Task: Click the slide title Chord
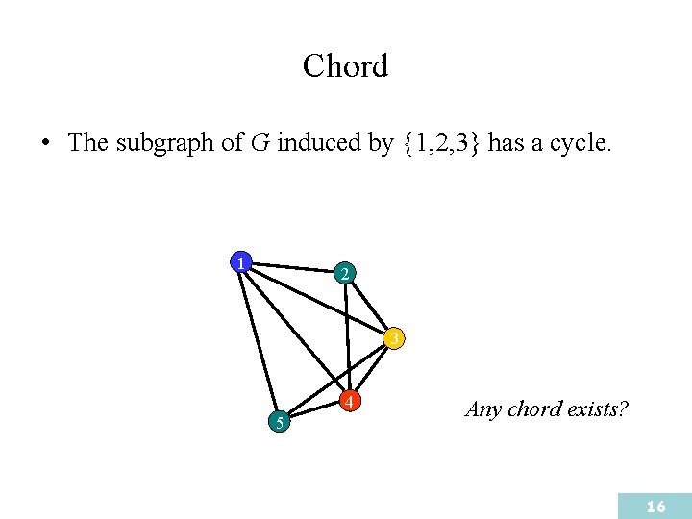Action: click(x=345, y=66)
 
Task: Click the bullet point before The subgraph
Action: click(x=45, y=144)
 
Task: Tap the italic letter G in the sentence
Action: click(x=259, y=144)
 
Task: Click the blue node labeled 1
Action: click(x=239, y=261)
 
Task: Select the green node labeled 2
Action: click(x=346, y=273)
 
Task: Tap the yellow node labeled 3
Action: click(x=394, y=338)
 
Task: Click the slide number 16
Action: click(x=656, y=507)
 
